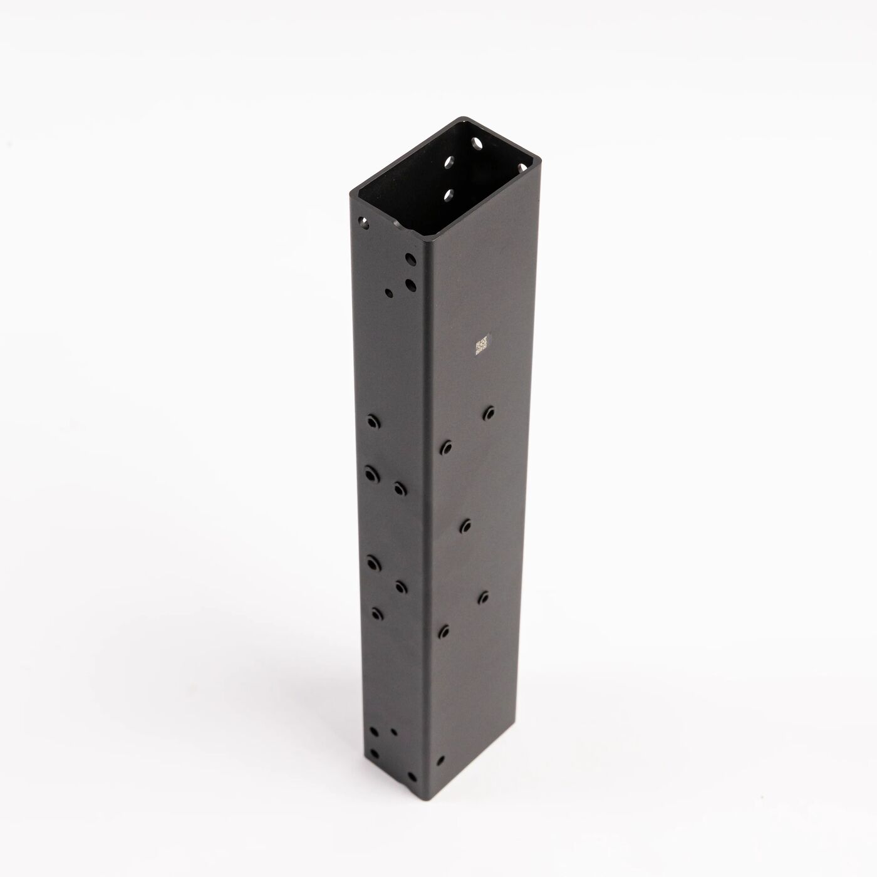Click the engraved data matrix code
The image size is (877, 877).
point(482,346)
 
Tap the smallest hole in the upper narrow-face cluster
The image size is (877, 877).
point(390,292)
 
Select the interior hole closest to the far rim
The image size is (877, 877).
point(477,144)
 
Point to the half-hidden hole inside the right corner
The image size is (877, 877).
point(524,167)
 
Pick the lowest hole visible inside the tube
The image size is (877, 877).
point(449,195)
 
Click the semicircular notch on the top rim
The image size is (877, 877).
point(401,223)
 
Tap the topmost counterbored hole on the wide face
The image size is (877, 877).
point(489,413)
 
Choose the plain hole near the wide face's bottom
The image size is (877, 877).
point(440,760)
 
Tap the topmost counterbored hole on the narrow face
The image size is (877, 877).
point(374,422)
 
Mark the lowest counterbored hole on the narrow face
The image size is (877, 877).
point(376,612)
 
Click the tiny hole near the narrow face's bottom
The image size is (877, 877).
point(393,731)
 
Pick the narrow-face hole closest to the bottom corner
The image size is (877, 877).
point(375,754)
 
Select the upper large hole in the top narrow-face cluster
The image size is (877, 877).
point(410,259)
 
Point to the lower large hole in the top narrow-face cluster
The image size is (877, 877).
point(411,286)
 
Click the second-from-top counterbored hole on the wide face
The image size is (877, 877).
point(446,447)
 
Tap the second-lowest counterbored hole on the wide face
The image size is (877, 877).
point(484,596)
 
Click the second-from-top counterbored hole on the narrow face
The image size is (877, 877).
point(373,474)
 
